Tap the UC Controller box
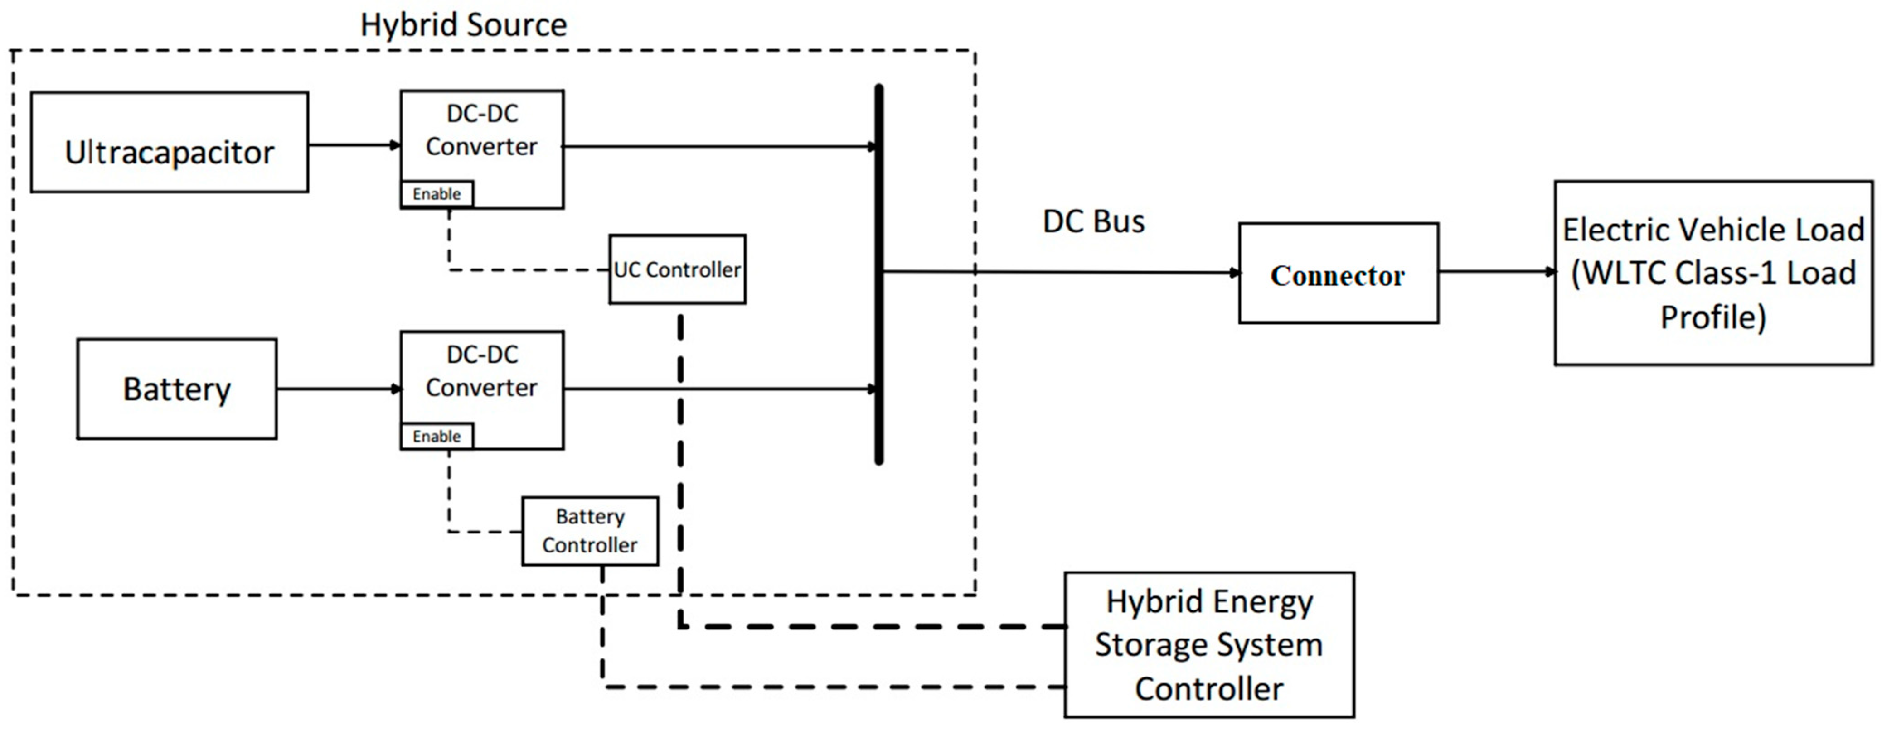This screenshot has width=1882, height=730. [677, 269]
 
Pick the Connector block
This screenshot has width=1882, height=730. [1338, 274]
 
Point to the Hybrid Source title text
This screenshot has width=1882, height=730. [463, 25]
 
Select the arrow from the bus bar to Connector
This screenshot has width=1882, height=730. [1059, 272]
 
